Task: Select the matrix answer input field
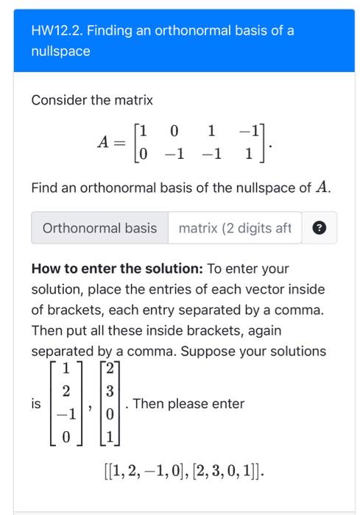point(235,228)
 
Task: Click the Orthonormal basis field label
point(99,228)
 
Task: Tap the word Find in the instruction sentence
point(43,188)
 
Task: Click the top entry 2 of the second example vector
point(108,369)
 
